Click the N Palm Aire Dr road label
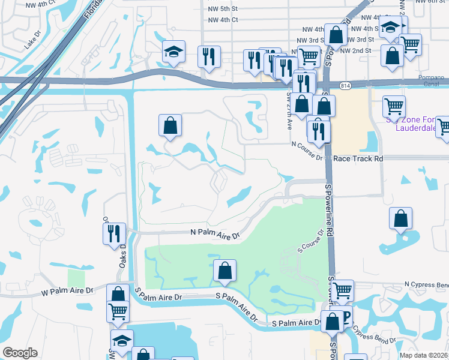point(215,233)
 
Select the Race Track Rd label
point(358,158)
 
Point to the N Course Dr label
point(307,144)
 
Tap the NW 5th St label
point(220,9)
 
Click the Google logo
point(20,352)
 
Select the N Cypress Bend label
point(426,284)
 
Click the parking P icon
point(346,316)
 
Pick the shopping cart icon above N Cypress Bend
point(342,290)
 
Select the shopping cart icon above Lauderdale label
point(394,106)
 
